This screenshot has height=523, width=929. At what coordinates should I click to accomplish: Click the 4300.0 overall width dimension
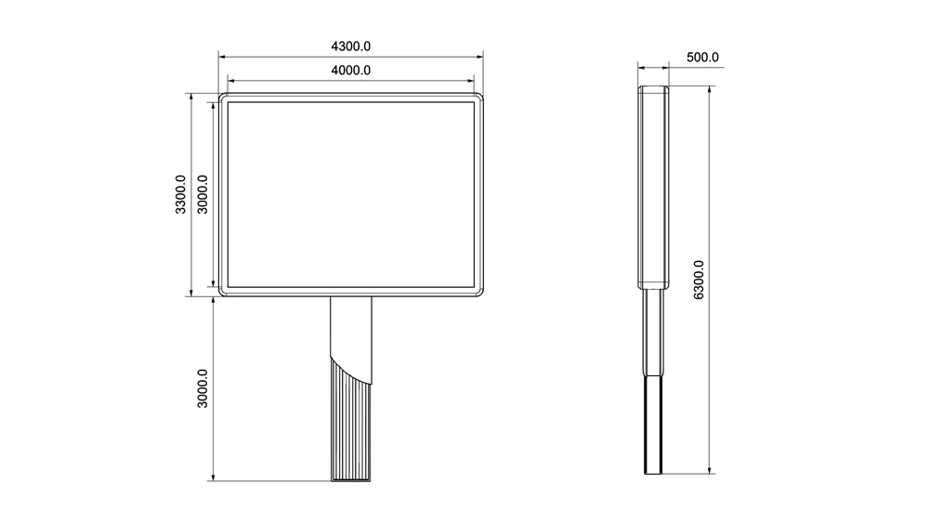point(351,46)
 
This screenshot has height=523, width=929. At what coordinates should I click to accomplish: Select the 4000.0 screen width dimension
point(351,70)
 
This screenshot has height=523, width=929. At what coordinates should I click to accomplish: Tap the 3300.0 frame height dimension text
point(180,194)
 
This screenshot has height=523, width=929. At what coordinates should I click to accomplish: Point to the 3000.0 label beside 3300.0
point(203,194)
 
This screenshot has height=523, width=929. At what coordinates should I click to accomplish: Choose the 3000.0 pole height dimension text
point(203,389)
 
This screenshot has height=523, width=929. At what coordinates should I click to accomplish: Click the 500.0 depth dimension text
point(702,57)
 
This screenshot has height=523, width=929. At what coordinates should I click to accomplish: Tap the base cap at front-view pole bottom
point(351,478)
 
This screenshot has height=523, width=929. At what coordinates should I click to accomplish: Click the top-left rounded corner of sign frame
point(224,98)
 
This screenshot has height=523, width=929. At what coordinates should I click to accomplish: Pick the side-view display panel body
point(653,186)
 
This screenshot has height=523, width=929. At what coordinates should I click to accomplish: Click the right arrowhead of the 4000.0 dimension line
point(472,81)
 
